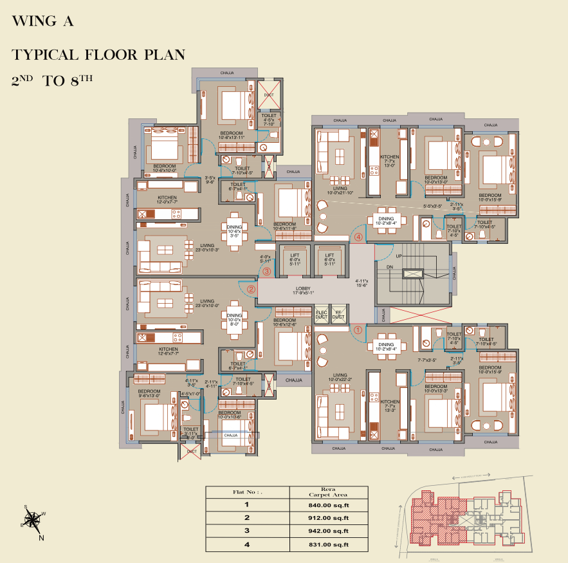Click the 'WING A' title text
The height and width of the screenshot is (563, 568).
[43, 21]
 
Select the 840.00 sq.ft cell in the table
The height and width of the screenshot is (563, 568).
[328, 505]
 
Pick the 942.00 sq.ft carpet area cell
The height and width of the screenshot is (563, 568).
[328, 531]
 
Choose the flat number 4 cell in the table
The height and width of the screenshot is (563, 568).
[246, 544]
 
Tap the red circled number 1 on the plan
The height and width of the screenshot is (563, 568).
[359, 329]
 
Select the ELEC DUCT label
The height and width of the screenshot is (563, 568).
[321, 315]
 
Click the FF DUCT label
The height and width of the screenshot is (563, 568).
[338, 315]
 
